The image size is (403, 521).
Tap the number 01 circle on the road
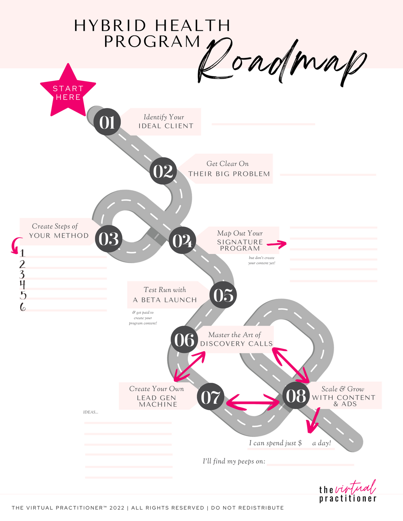(107, 122)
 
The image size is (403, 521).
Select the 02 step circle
(163, 171)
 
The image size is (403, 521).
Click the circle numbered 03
(109, 239)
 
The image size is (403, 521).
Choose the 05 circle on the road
(223, 295)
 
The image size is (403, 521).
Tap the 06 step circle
(184, 340)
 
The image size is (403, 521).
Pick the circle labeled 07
(211, 397)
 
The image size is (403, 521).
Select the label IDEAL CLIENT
(166, 126)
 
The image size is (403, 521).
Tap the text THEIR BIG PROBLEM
(229, 174)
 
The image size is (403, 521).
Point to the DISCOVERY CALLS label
(236, 344)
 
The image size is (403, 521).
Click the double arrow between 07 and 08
(253, 402)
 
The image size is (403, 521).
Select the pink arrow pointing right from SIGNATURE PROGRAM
(277, 244)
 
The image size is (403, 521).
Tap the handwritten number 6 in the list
(23, 307)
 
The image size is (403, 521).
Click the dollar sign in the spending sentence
(300, 443)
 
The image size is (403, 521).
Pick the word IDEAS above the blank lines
(91, 412)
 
